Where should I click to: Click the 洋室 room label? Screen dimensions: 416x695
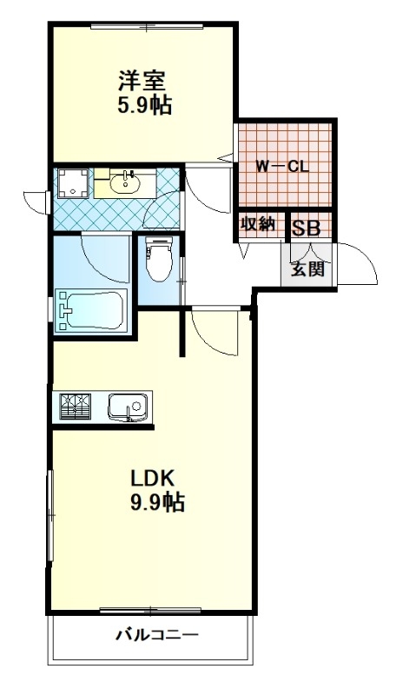pyautogui.click(x=142, y=81)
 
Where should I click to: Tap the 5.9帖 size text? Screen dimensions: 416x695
pyautogui.click(x=144, y=105)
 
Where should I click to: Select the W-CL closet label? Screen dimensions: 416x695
pyautogui.click(x=282, y=167)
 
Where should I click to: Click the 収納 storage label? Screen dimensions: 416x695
pyautogui.click(x=257, y=224)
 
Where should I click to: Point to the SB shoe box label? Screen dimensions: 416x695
pyautogui.click(x=306, y=228)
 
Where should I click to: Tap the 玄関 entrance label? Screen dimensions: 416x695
pyautogui.click(x=307, y=268)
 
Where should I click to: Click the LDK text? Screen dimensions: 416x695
pyautogui.click(x=152, y=479)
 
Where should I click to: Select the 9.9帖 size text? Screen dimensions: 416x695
pyautogui.click(x=157, y=502)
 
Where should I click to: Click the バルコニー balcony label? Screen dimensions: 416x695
pyautogui.click(x=157, y=635)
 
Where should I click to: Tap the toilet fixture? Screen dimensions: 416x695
pyautogui.click(x=159, y=259)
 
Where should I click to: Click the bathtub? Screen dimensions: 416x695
pyautogui.click(x=91, y=309)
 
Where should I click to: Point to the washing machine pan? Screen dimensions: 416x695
pyautogui.click(x=73, y=182)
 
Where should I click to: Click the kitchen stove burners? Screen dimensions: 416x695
pyautogui.click(x=75, y=406)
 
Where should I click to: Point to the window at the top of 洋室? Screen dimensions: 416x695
pyautogui.click(x=147, y=26)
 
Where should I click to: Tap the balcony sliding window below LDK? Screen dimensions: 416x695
pyautogui.click(x=150, y=611)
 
